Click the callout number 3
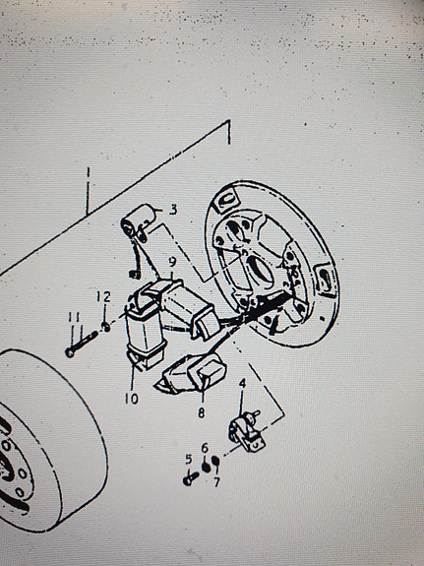point(173,210)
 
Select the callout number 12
point(103,297)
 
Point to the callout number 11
point(75,317)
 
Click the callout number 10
point(132,399)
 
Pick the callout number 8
point(202,412)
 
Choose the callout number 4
point(242,384)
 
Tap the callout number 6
point(205,448)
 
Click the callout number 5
point(189,460)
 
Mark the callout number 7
point(216,482)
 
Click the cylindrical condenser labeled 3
point(138,222)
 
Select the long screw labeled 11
point(82,344)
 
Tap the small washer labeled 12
point(106,328)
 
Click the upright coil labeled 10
point(145,331)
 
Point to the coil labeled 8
point(193,374)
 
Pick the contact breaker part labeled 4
point(246,432)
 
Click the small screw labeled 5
point(191,478)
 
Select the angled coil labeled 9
point(184,307)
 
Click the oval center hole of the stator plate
point(260,270)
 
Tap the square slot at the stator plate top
point(225,200)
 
